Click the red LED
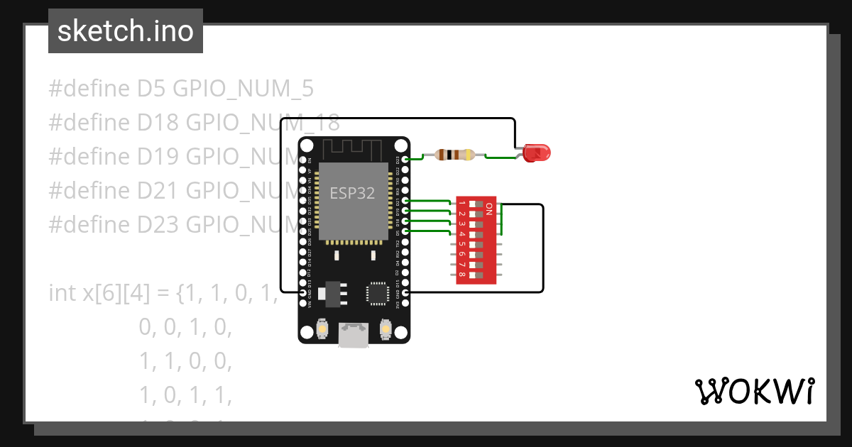pos(537,152)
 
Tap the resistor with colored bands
pos(454,155)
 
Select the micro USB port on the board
pos(354,335)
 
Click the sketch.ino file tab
pos(126,31)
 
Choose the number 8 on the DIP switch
pos(462,274)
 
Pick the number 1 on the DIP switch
pos(462,204)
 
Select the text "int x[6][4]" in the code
pos(99,292)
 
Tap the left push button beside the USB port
pos(323,329)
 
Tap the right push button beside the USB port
pos(386,329)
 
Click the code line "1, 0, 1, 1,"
pos(185,395)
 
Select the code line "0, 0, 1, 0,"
pos(185,327)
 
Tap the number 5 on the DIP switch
pos(462,243)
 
